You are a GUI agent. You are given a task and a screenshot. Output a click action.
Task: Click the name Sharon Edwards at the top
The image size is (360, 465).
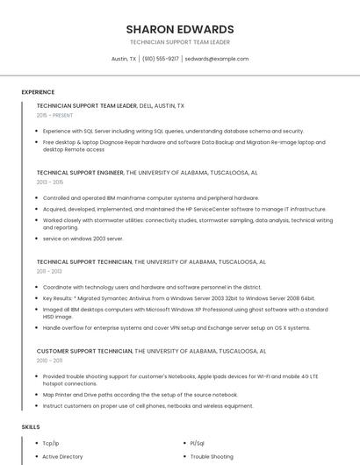179,29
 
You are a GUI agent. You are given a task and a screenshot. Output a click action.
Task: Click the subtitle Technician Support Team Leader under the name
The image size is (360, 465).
179,42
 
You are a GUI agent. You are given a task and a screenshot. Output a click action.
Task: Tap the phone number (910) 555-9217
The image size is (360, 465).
160,59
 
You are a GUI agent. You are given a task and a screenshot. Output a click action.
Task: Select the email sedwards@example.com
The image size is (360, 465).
217,59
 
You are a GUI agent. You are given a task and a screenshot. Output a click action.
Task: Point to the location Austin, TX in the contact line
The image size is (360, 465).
124,59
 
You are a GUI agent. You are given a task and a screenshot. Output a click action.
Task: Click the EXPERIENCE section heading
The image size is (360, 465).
38,91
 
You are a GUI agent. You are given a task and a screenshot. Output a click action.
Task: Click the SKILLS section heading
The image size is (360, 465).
31,426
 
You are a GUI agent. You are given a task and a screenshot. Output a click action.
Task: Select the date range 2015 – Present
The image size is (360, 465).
54,115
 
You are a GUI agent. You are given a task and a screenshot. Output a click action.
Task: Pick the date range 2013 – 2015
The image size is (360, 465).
50,182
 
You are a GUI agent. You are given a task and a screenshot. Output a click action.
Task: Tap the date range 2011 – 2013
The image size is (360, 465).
49,271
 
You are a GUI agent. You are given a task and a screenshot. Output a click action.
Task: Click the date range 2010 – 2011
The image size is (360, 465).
49,361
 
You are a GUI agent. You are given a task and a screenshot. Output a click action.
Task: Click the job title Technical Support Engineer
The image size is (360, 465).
80,173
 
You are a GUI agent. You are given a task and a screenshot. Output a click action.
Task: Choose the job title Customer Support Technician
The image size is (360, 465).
84,351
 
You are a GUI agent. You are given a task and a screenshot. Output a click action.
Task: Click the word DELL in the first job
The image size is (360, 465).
145,105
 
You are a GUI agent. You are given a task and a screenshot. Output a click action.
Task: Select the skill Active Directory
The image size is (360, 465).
62,456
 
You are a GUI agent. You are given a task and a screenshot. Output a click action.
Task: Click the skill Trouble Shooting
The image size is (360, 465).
212,456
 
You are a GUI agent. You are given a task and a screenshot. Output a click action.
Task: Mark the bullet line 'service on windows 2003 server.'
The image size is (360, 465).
83,238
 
